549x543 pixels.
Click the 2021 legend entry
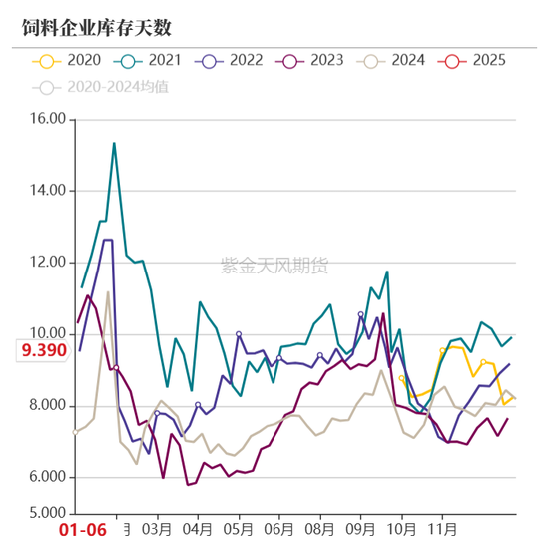(150, 61)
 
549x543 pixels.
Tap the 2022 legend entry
(231, 61)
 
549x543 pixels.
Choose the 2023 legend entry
(312, 61)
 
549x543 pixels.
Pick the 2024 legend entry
(393, 61)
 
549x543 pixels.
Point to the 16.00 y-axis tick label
(45, 119)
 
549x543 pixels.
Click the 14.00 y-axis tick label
(45, 191)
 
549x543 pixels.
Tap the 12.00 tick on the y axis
(45, 263)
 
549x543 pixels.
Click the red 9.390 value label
(40, 350)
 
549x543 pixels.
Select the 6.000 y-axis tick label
(45, 478)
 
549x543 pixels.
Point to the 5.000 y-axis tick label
(45, 514)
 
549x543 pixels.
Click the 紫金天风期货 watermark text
(274, 265)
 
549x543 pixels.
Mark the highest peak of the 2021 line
(114, 143)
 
